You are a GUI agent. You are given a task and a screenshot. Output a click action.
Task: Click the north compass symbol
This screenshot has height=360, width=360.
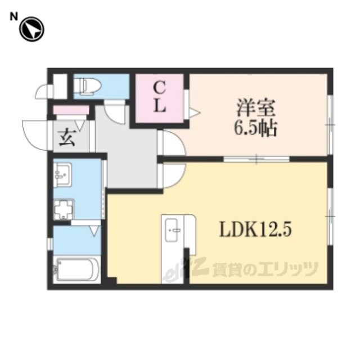tap(31, 29)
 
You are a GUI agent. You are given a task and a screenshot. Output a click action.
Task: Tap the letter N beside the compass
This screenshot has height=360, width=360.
tap(13, 17)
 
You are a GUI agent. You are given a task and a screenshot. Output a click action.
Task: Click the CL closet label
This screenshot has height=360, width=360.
tap(160, 97)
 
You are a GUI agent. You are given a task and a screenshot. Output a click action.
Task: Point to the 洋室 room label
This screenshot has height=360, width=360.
tap(256, 107)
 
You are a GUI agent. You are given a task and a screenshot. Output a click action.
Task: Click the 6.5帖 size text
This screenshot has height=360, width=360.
tap(255, 128)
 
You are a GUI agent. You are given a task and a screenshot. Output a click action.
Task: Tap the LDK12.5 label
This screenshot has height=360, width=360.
tap(256, 230)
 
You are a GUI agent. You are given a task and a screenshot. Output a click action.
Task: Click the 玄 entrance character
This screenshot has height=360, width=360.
tap(67, 138)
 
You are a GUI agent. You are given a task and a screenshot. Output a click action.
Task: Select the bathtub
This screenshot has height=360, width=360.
tap(76, 269)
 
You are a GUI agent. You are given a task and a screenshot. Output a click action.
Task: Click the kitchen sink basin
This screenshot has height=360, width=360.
tap(172, 230)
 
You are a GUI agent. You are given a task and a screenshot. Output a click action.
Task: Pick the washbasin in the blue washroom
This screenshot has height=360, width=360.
tap(62, 174)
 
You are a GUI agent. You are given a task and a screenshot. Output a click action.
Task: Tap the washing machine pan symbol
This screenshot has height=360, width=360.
tap(64, 209)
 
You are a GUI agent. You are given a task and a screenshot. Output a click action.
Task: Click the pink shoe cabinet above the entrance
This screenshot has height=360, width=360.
tap(71, 110)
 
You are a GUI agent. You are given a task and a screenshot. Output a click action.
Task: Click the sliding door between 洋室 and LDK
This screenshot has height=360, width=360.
tap(256, 159)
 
